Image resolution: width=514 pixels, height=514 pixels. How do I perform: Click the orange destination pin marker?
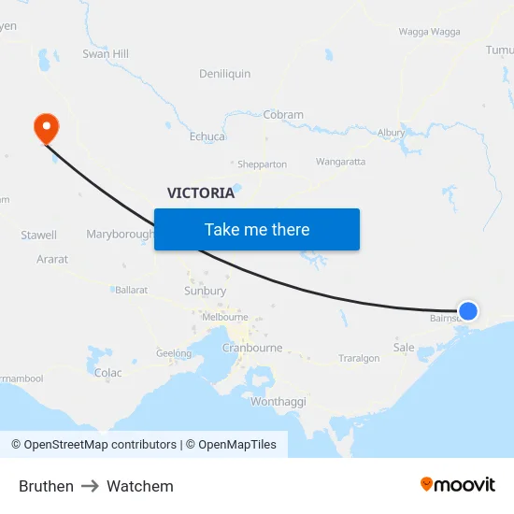[45, 128]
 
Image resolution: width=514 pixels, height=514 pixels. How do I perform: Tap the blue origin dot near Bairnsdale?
[468, 311]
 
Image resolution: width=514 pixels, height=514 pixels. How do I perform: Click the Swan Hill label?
[106, 54]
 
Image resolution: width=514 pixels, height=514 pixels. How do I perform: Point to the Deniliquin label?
[225, 74]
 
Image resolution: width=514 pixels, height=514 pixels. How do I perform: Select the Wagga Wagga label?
[429, 31]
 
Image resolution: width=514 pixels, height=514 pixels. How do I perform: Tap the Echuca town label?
[207, 136]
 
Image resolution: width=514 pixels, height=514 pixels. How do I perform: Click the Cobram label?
[283, 115]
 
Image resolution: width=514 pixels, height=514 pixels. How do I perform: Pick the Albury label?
[391, 134]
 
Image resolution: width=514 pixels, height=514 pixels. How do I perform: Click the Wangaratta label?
[340, 162]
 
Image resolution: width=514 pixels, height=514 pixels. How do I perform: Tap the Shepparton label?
[262, 164]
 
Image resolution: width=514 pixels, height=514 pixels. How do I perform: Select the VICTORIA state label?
[201, 193]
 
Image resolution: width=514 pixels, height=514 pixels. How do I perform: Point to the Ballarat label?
[132, 290]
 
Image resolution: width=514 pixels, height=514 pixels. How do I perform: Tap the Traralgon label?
[359, 358]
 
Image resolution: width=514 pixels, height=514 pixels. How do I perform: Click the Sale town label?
[404, 348]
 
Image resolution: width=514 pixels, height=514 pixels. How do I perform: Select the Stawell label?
[39, 236]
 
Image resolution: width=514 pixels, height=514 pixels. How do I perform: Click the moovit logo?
[458, 484]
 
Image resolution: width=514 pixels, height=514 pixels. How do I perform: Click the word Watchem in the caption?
[140, 486]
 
